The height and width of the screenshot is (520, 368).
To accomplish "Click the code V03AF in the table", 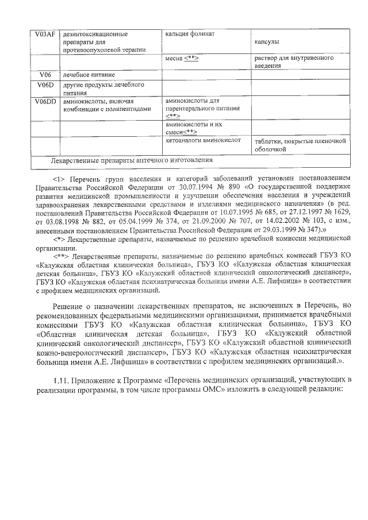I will point(44,34).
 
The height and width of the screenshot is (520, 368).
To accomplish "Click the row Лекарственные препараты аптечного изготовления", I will point(132,160).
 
